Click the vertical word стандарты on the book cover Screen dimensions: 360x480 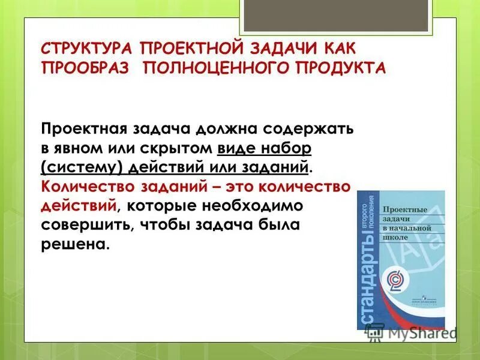[370, 282]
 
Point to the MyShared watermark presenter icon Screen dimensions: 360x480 [376, 332]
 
